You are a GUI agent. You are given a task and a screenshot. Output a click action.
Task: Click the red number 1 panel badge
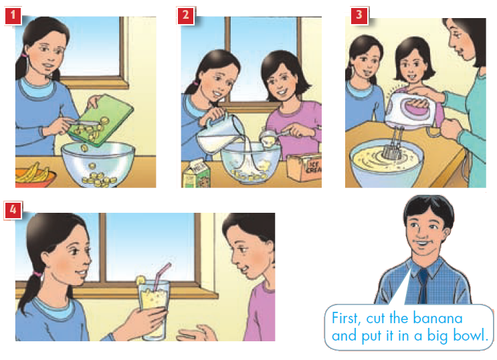(13, 15)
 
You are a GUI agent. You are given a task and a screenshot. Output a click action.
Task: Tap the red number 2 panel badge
(186, 15)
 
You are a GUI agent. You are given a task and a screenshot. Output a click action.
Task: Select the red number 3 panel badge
(359, 15)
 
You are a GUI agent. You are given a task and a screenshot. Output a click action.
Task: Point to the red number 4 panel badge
(13, 209)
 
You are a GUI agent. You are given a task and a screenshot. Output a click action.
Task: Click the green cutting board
(101, 120)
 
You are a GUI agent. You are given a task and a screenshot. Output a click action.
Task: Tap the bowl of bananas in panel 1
(35, 176)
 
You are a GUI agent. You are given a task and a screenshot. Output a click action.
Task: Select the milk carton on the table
(196, 174)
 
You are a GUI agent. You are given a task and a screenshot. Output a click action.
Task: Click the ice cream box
(304, 167)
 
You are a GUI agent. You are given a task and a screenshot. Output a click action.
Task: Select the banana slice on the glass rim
(140, 280)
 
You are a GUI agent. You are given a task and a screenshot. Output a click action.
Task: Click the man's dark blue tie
(423, 286)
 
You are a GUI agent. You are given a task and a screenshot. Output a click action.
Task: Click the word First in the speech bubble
(346, 318)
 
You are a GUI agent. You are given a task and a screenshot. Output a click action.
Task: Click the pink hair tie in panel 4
(38, 274)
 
